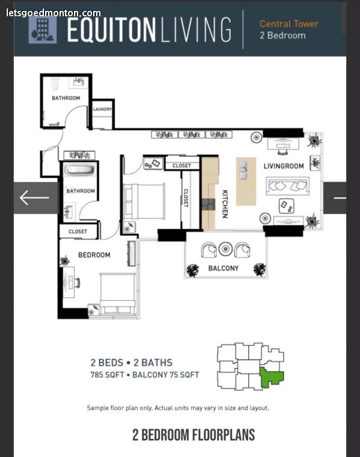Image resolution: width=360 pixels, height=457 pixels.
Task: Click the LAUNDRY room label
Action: tap(102, 109)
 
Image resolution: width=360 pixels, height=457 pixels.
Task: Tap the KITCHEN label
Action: tap(225, 204)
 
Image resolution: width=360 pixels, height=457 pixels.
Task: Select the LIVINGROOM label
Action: tap(284, 166)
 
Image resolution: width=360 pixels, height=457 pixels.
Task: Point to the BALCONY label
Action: tap(224, 268)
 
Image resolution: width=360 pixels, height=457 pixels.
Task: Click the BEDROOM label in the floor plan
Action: tap(94, 255)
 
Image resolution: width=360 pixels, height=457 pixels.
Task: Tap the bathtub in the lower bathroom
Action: tap(79, 170)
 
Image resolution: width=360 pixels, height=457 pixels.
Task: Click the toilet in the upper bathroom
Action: tap(55, 84)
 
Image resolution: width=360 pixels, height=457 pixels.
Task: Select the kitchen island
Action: tap(246, 181)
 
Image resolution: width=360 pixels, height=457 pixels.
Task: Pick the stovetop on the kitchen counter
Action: tap(209, 204)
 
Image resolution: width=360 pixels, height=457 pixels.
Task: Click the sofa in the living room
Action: tap(287, 186)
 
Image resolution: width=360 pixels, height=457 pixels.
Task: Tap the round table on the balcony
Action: tap(225, 249)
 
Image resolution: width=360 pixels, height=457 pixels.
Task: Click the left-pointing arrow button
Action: tap(34, 198)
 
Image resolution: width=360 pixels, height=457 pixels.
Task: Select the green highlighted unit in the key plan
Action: tap(271, 378)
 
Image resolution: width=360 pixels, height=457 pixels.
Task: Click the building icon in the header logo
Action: tap(43, 30)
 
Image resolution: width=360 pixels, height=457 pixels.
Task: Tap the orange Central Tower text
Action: tap(289, 23)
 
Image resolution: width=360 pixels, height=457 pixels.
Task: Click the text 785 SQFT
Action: tap(107, 375)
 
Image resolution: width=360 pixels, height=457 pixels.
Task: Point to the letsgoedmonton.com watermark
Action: tap(53, 13)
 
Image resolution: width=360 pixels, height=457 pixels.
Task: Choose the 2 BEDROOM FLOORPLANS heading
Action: tap(194, 435)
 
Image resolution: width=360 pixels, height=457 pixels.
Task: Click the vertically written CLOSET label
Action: tap(185, 198)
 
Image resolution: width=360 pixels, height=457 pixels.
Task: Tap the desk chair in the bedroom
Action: tap(77, 283)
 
